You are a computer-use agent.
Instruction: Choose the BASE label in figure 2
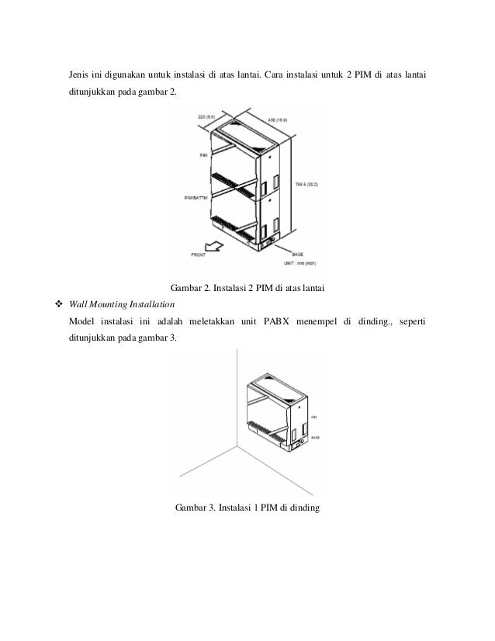point(296,254)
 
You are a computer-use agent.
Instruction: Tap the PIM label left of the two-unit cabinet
point(203,155)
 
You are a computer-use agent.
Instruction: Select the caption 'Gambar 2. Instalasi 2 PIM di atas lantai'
point(247,289)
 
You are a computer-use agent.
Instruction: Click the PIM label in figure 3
point(313,417)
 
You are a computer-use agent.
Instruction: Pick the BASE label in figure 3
point(314,437)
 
